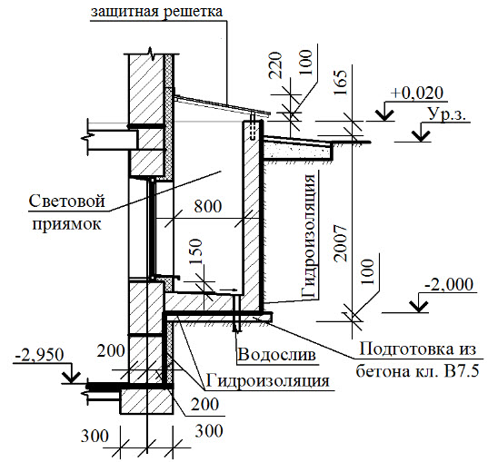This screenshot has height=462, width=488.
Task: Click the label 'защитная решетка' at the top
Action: [157, 12]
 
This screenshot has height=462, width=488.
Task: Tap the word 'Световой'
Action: [67, 202]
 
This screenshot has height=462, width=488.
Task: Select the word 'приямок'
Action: [67, 223]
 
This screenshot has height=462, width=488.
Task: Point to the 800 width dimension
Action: [208, 206]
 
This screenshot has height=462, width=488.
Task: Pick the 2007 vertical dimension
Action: [340, 243]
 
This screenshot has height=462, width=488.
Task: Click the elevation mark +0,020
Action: [417, 93]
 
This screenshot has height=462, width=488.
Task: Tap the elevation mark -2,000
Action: [449, 284]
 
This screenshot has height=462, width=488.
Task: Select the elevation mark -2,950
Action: [39, 355]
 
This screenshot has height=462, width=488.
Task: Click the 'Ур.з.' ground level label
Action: [447, 114]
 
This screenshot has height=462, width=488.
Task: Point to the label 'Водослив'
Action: [276, 354]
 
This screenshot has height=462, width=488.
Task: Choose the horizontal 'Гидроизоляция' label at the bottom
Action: [268, 380]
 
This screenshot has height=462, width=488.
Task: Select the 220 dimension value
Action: [275, 65]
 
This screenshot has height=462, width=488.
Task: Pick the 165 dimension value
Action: [340, 83]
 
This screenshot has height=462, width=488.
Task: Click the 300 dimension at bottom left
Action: [95, 436]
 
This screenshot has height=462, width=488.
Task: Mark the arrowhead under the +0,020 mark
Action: [384, 115]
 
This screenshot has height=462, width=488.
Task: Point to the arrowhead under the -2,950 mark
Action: [71, 377]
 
